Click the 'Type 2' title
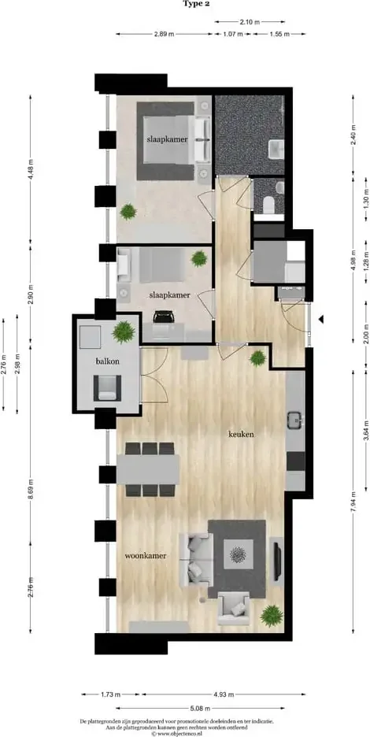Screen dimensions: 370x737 point(196,4)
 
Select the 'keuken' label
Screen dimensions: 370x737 point(242,435)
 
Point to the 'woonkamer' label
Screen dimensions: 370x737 point(146,556)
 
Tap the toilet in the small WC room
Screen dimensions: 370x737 point(269,205)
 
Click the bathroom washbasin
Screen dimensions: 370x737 point(276,150)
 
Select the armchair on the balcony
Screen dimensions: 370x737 point(107,387)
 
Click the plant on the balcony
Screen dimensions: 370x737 point(123,331)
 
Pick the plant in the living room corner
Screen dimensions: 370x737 point(272,615)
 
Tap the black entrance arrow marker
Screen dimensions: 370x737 point(321,320)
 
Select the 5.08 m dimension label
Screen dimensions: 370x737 point(200,707)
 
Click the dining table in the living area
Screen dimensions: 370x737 point(148,469)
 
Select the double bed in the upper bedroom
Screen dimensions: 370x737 point(165,141)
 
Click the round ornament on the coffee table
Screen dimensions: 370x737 point(238,554)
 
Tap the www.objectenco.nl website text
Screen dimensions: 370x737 point(179,733)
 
